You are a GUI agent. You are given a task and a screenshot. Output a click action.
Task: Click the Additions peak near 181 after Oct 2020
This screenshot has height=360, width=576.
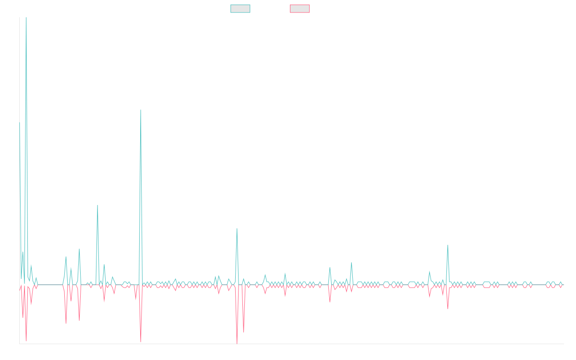coord(141,110)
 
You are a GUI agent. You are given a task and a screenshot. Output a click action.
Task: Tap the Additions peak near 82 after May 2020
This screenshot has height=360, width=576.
coord(97,206)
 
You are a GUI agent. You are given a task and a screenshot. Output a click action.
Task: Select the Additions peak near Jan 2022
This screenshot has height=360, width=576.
coord(237,228)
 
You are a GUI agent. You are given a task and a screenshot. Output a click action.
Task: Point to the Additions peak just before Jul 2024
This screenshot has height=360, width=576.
coord(448,245)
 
